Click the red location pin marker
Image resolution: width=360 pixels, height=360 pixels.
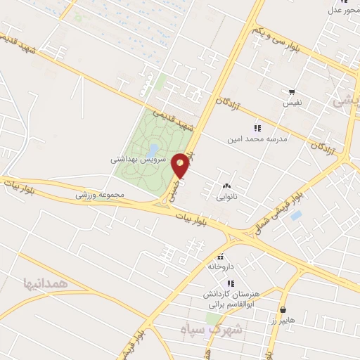(181, 165)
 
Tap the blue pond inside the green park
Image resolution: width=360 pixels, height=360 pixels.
(153, 149)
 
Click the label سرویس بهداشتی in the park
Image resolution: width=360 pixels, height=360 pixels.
(138, 160)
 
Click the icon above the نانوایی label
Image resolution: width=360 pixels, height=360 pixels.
(226, 186)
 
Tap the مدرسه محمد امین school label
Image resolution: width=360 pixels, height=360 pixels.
(257, 139)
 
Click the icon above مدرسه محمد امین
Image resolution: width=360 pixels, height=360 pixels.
(257, 128)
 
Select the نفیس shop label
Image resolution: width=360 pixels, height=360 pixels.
(292, 103)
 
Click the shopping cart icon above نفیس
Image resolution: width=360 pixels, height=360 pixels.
(292, 92)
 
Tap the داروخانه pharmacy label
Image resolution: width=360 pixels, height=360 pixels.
(220, 266)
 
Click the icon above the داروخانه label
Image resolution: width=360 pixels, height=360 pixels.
(221, 256)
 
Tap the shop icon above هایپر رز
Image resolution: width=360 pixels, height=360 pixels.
(283, 309)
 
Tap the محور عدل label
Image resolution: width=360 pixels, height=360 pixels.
(345, 10)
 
